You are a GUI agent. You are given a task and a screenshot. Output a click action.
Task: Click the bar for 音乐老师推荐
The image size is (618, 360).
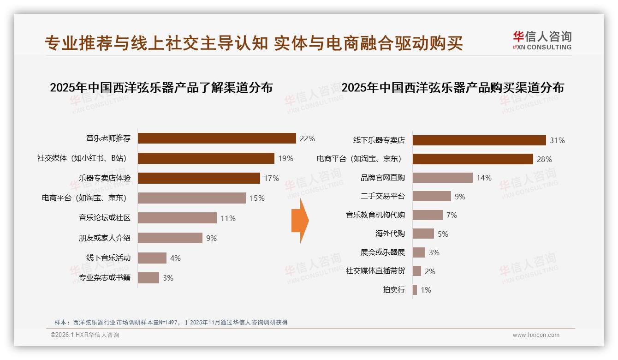coord(217,138)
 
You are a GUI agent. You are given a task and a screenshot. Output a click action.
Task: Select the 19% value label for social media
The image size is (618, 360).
coord(285,158)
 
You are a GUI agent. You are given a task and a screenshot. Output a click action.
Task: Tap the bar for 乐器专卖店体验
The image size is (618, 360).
coord(199,178)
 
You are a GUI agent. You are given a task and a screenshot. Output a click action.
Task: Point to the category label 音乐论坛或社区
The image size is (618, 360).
coord(105,218)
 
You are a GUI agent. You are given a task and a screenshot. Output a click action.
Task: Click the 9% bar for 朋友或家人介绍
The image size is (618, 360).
coord(170,238)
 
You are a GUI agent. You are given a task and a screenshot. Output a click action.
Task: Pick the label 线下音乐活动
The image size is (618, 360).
coord(108,258)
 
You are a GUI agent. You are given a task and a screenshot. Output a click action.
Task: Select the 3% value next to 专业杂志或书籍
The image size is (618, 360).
coord(168,278)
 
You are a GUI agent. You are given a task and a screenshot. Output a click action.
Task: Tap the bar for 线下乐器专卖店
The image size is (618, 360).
coord(479,140)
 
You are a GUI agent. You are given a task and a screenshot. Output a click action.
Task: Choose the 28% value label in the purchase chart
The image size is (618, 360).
coord(544,159)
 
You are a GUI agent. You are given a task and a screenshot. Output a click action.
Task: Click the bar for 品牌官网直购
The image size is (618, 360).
coord(443,178)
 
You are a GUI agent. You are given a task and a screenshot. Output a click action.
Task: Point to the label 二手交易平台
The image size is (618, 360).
coord(383,196)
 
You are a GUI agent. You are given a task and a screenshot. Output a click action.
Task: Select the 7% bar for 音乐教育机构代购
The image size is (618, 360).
coord(428,215)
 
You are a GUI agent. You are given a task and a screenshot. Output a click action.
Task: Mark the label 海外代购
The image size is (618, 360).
coord(390,234)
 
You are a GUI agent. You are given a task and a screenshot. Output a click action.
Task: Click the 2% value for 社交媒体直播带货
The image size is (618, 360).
coord(430,271)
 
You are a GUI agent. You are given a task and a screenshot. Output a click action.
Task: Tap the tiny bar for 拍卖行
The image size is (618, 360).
coord(415,290)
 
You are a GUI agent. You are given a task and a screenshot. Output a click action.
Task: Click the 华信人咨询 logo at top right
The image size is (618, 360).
coord(542,40)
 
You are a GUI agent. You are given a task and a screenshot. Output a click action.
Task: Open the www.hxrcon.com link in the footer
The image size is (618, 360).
coord(536,335)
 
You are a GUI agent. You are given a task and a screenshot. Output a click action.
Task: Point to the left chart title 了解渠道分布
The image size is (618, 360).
coord(161,88)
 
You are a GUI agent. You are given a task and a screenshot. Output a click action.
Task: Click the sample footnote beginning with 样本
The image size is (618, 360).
coord(171,322)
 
